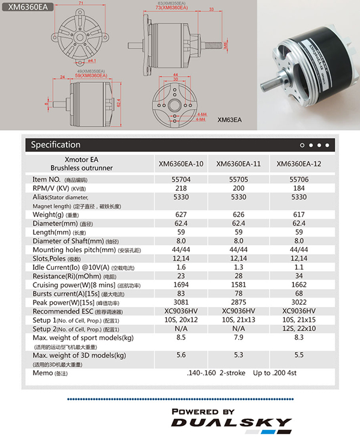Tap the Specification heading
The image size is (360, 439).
point(55,145)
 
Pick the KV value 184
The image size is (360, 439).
point(297,188)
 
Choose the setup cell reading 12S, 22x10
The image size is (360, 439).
point(298,329)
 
